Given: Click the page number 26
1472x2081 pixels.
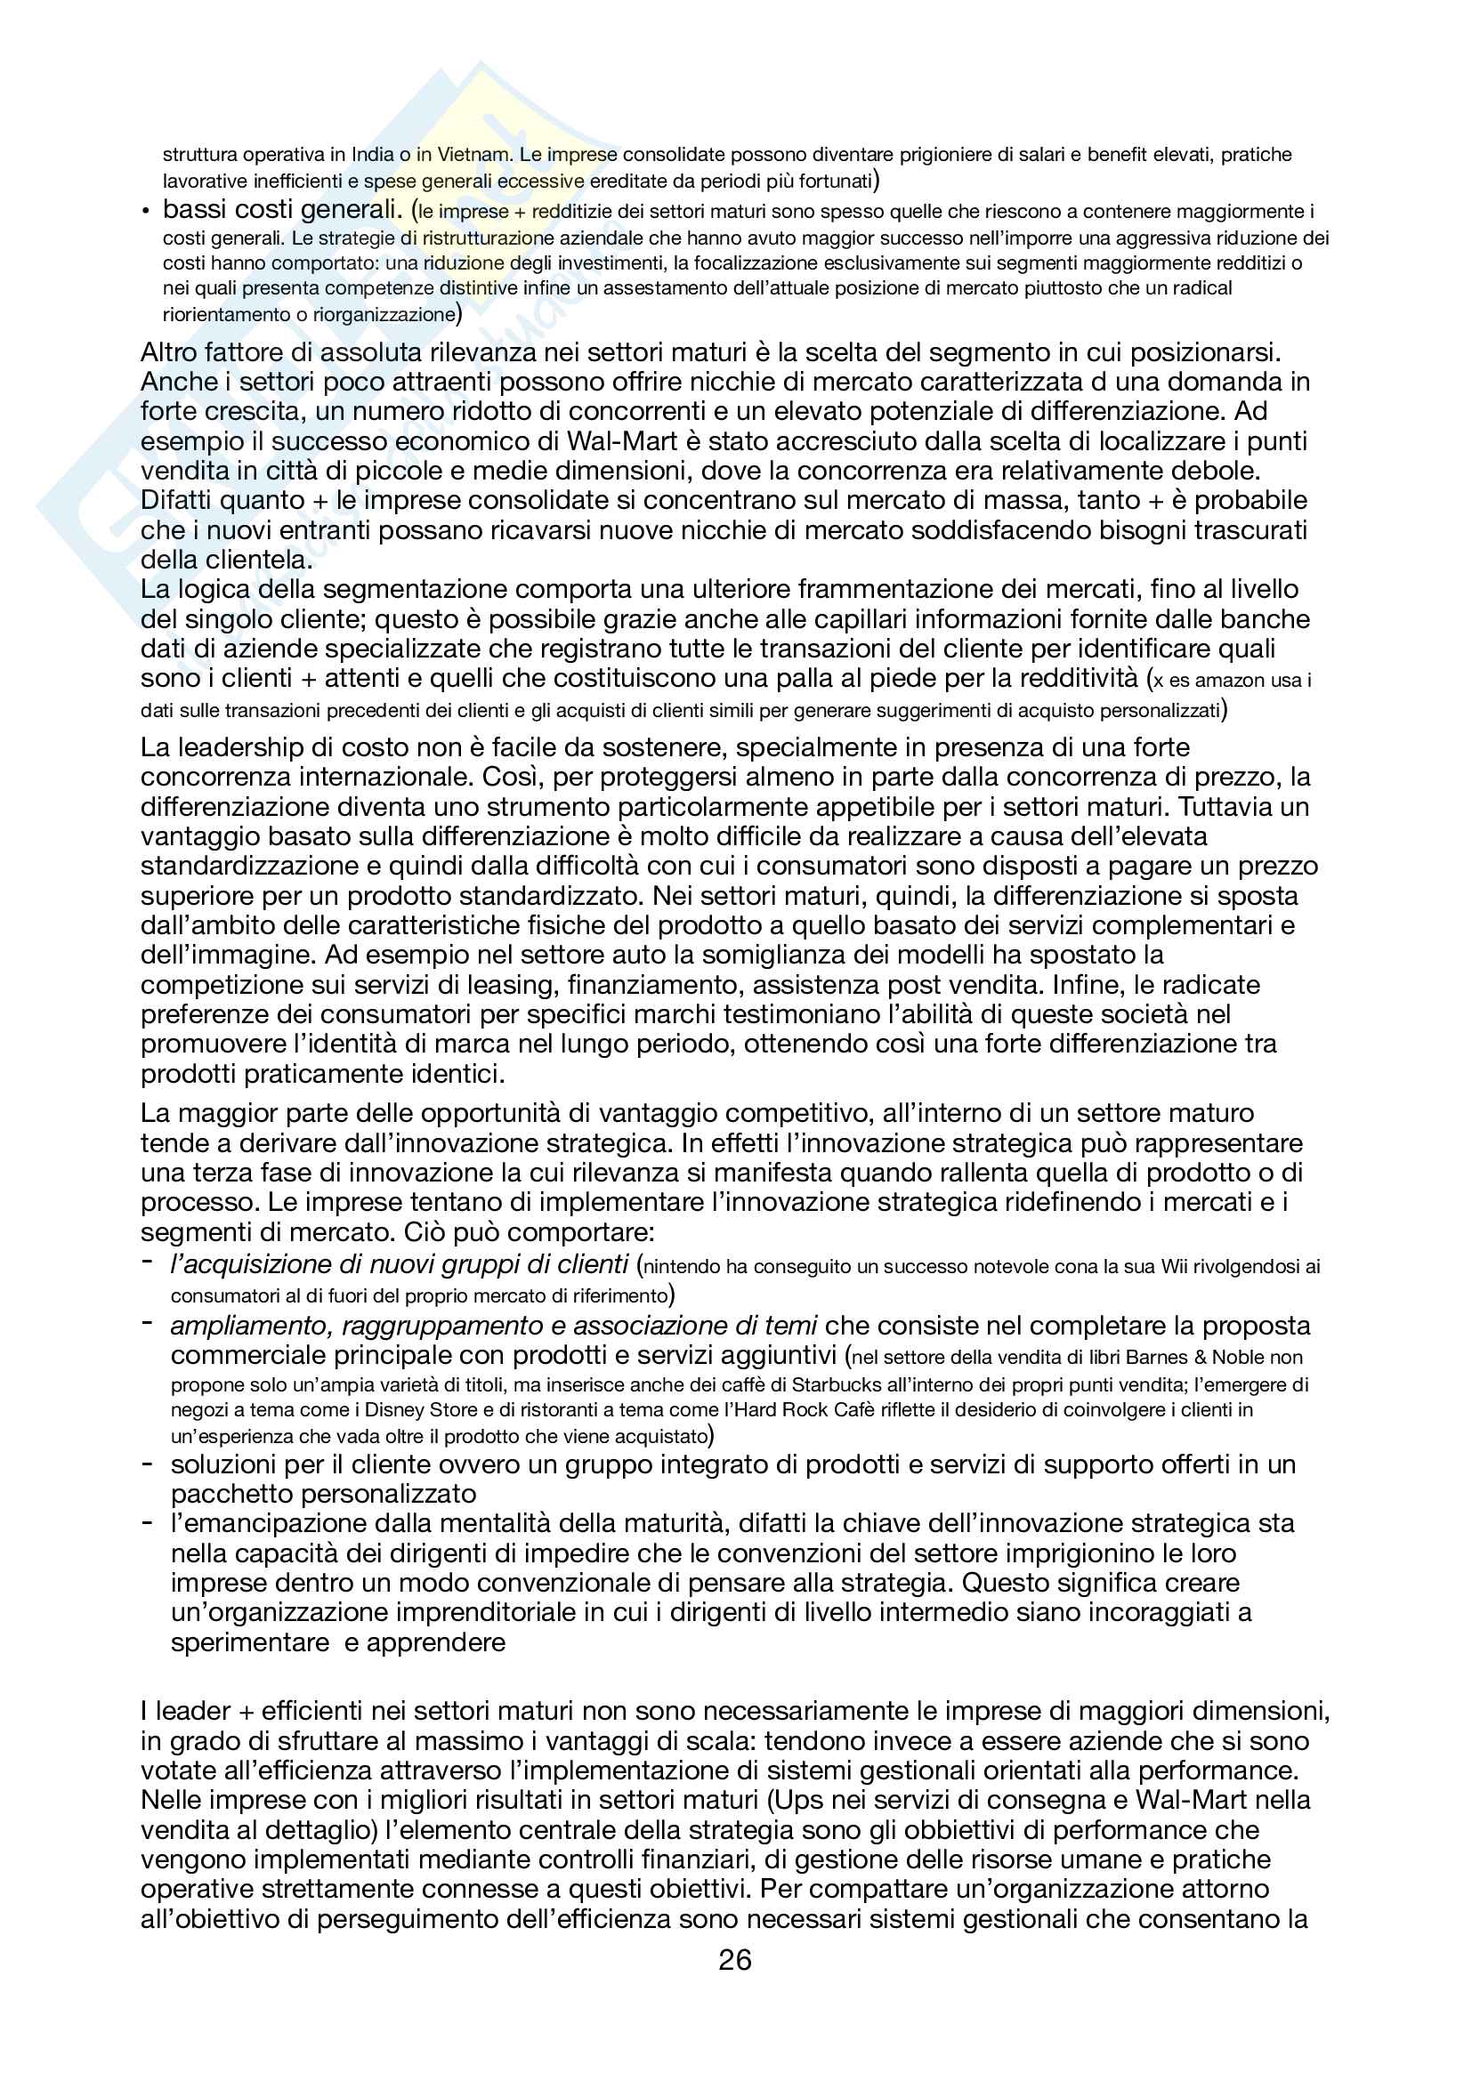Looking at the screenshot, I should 734,1961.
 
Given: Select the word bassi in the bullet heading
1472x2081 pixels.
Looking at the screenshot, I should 192,209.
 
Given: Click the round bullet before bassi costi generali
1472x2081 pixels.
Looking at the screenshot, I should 145,211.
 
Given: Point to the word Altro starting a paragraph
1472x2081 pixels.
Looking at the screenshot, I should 168,351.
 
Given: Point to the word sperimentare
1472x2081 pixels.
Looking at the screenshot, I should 249,1642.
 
